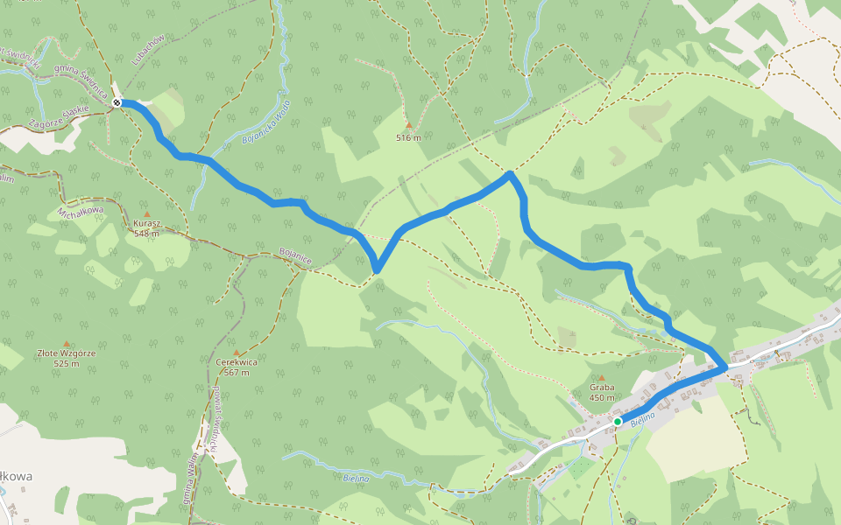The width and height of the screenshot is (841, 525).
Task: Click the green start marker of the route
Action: click(x=618, y=422)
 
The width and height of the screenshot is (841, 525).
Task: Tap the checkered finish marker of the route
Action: click(x=117, y=102)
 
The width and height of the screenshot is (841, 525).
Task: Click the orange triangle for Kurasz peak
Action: click(x=146, y=213)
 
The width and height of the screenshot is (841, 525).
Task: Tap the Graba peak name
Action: click(x=602, y=388)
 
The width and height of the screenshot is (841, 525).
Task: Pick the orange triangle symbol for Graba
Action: click(x=602, y=378)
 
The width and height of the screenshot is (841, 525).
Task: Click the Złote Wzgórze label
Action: click(x=66, y=353)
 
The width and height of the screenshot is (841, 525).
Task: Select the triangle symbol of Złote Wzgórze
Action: click(x=66, y=343)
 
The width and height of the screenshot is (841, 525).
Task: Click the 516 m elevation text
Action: click(x=408, y=137)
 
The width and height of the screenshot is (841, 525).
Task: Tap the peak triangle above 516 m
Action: click(x=408, y=126)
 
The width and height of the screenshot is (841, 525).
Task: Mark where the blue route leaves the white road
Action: click(x=722, y=367)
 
